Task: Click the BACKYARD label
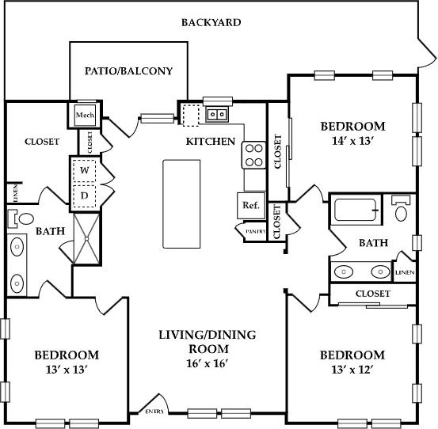(x=211, y=22)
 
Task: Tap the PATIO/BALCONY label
(x=128, y=70)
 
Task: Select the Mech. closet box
(x=84, y=116)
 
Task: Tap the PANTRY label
(x=253, y=231)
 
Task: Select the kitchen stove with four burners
(x=253, y=154)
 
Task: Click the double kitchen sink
(x=215, y=115)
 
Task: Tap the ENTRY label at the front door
(x=154, y=412)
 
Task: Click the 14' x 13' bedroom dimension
(x=352, y=142)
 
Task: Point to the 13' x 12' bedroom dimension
(x=352, y=370)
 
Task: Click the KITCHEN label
(x=210, y=142)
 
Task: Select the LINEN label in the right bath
(x=404, y=272)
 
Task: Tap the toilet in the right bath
(x=402, y=209)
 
